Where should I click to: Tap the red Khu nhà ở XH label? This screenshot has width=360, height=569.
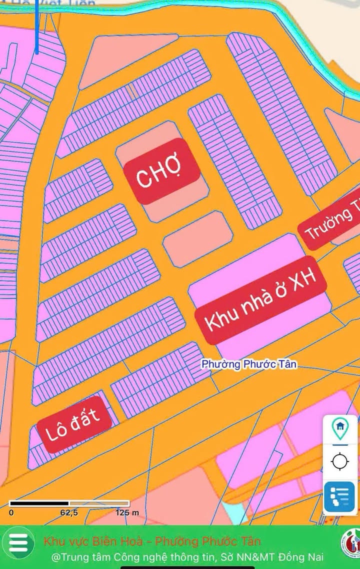[x=260, y=301]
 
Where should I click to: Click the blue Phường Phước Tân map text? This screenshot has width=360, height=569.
[x=249, y=364]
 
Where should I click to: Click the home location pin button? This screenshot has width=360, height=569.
[x=340, y=428]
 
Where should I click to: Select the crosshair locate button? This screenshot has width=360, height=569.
[x=340, y=460]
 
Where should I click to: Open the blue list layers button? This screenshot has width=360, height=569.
[x=340, y=496]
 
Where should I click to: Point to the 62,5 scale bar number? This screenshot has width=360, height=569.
[x=69, y=512]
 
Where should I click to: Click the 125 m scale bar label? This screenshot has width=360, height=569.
[x=126, y=512]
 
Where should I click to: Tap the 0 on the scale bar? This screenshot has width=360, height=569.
[x=11, y=512]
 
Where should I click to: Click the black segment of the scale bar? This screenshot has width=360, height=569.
[x=39, y=503]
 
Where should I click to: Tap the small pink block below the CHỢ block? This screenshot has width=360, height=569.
[x=198, y=238]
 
